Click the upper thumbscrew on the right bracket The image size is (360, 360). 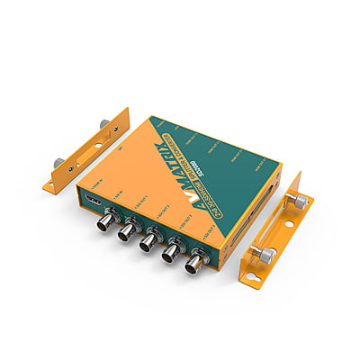[298, 203]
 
